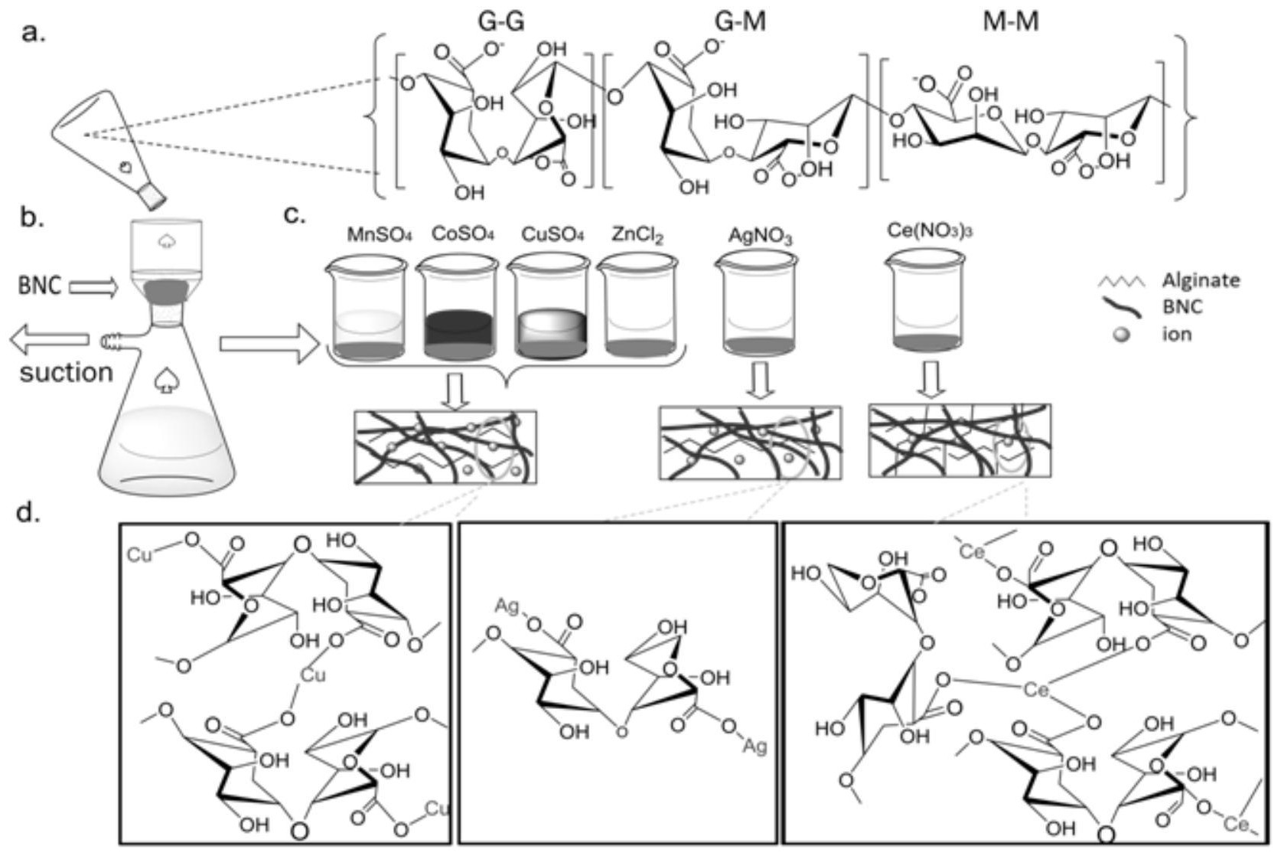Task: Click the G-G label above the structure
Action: click(x=501, y=22)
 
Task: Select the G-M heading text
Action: click(x=735, y=22)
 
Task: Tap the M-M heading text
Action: click(x=1010, y=22)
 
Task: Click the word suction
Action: click(x=66, y=373)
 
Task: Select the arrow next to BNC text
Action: click(x=93, y=288)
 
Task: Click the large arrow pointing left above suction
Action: click(x=51, y=340)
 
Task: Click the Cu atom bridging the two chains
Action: click(x=311, y=675)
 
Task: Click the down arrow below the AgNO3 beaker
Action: click(x=758, y=381)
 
